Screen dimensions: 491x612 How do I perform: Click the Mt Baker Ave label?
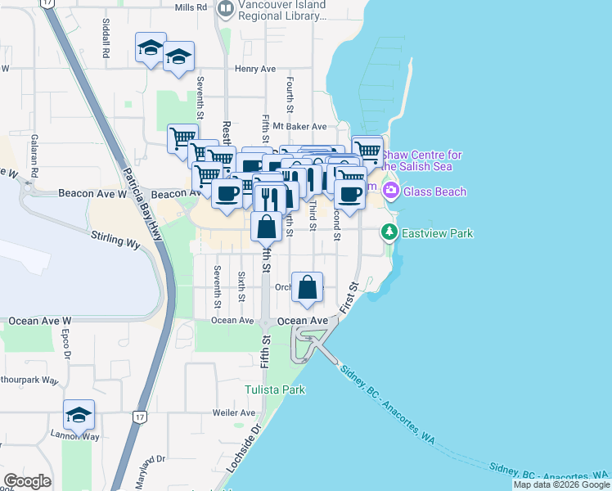pos(299,127)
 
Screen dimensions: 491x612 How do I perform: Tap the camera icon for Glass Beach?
pos(390,191)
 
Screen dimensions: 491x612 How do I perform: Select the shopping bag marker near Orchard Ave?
pos(307,288)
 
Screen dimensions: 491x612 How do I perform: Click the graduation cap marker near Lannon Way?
pos(79,416)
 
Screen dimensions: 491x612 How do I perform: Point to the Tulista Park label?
pos(276,390)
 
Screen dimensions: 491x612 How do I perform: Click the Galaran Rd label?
pos(34,156)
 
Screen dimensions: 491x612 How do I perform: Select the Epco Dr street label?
pos(65,341)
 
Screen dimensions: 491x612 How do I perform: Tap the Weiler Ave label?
pos(233,413)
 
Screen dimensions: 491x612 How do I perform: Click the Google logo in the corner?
pos(27,481)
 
